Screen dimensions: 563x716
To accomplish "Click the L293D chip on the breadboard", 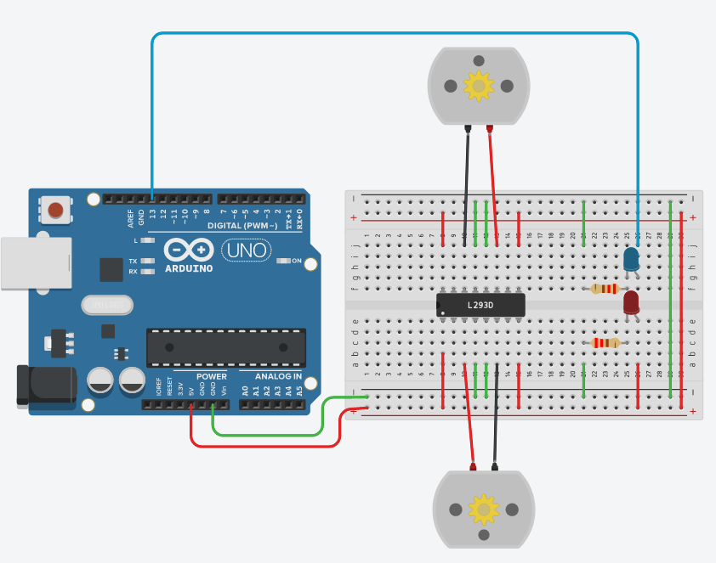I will pos(480,305).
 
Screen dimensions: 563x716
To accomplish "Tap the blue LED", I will pos(632,259).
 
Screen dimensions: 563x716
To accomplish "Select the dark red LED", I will pos(631,302).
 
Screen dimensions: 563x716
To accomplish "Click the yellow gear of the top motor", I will pos(478,86).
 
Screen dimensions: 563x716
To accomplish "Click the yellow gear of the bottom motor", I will pos(485,509).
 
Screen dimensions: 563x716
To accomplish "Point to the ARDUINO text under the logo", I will pos(189,268).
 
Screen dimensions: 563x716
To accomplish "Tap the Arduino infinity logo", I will pos(189,251).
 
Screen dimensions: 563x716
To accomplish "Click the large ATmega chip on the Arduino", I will pos(225,347).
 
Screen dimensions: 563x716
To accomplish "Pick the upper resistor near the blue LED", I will pos(605,289).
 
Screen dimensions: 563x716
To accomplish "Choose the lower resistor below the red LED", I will pos(605,343).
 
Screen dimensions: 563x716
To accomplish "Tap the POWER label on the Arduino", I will pos(212,376).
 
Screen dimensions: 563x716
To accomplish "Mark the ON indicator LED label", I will pos(297,261).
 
